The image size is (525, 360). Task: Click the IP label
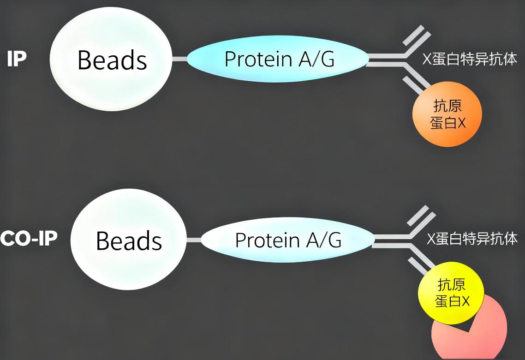(17, 59)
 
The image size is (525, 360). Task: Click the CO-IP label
(29, 238)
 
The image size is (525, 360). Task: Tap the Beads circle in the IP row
(111, 59)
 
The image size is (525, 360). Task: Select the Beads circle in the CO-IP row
(129, 240)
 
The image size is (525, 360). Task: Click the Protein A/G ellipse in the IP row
(278, 59)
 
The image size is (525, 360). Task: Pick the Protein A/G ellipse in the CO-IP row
(287, 240)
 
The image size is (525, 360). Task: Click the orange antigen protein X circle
(447, 114)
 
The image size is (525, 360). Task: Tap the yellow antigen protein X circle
(451, 294)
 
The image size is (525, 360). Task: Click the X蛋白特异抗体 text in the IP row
(470, 59)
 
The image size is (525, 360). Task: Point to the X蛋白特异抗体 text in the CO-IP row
(472, 239)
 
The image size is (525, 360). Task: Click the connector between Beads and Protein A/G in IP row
(179, 59)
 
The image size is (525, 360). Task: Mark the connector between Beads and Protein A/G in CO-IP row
(194, 240)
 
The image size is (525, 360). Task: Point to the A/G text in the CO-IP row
(324, 240)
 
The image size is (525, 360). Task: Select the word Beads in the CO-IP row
(129, 240)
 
